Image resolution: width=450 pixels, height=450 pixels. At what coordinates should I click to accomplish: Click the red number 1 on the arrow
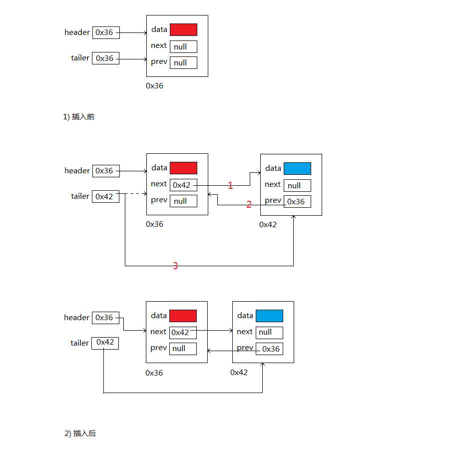tap(230, 186)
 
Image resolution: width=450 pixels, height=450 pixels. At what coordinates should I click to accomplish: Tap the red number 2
tap(249, 204)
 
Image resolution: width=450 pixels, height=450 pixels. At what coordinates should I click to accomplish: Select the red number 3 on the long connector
tap(175, 266)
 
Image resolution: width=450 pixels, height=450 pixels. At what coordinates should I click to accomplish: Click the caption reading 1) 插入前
tap(78, 117)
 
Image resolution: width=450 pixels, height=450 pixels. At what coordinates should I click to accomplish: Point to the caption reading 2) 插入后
tap(80, 434)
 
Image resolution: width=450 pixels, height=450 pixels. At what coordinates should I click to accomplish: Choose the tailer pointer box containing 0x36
tap(105, 58)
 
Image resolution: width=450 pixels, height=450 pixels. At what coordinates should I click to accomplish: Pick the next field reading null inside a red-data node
tap(183, 46)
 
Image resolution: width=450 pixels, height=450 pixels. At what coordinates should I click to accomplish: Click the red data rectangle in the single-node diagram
tap(183, 29)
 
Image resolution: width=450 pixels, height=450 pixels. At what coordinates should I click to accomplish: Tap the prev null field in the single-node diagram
tap(183, 62)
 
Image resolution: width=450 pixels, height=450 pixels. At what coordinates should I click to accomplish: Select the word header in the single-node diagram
tap(77, 32)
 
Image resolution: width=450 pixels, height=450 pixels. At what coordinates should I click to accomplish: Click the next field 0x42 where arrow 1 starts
tap(183, 185)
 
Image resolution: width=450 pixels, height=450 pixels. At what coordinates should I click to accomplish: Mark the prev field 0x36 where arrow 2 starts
tap(297, 201)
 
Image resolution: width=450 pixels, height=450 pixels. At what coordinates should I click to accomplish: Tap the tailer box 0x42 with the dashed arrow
tap(105, 196)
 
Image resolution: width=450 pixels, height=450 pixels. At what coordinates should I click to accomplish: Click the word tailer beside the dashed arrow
tap(80, 196)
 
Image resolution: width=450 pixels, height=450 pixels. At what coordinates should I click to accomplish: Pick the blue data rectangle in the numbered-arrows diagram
tap(297, 168)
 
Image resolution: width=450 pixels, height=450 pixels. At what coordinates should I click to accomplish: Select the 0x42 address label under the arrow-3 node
tap(268, 225)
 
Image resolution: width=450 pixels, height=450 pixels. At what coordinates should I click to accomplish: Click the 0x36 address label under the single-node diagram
tap(154, 86)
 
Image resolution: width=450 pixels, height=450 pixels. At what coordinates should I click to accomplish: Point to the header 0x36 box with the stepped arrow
tap(105, 318)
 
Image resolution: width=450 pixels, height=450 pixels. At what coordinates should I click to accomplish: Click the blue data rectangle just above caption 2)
tap(269, 316)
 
